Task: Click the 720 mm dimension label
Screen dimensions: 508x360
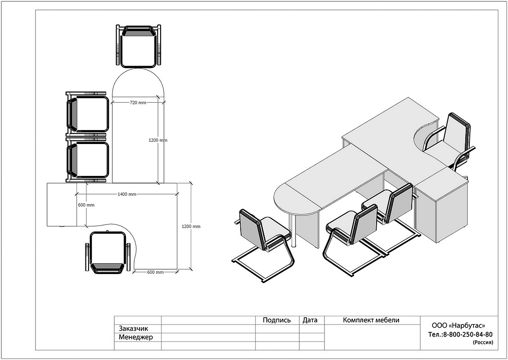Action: (x=138, y=103)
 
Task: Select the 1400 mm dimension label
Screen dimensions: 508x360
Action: (x=127, y=194)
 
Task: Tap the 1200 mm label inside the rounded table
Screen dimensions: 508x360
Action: (x=158, y=140)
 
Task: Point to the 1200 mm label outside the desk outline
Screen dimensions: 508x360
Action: (x=191, y=226)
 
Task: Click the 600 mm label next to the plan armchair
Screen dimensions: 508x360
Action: (x=155, y=272)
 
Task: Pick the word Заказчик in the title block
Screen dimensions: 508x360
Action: (x=134, y=328)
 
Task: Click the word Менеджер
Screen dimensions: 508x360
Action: (x=136, y=337)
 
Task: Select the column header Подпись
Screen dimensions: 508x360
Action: (x=277, y=320)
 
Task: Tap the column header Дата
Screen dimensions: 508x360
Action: (x=310, y=320)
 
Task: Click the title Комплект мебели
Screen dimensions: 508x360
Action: (x=371, y=320)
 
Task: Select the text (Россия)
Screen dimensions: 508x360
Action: (x=483, y=342)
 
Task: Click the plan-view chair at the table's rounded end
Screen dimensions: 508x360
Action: (x=138, y=46)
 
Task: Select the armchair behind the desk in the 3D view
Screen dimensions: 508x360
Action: (x=449, y=143)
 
